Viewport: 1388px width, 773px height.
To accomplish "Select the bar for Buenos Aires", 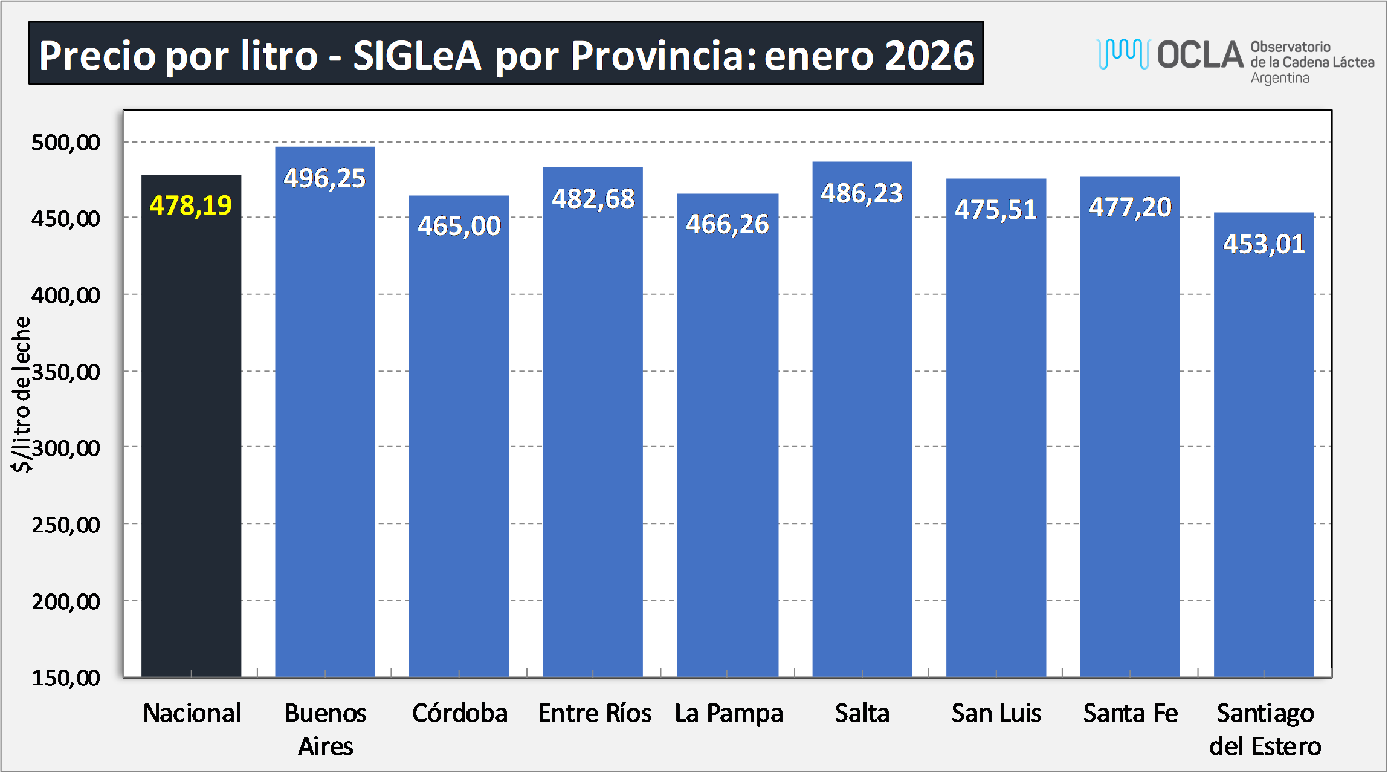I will point(325,423).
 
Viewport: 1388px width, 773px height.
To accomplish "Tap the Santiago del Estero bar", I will point(1264,453).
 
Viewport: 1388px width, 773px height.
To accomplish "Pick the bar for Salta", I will point(862,423).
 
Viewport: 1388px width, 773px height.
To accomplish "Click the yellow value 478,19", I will point(191,205).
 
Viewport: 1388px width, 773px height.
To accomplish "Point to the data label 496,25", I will point(325,178).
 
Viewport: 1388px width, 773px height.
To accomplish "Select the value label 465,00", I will point(459,226).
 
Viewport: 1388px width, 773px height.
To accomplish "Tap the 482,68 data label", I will point(593,199).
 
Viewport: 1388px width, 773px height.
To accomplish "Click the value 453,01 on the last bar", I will point(1264,244).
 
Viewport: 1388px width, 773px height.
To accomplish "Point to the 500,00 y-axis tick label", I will point(66,143).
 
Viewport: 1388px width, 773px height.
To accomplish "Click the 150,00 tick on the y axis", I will point(66,678).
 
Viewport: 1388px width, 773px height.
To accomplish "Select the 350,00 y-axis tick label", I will point(66,372).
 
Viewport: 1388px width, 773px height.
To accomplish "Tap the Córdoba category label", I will point(460,713).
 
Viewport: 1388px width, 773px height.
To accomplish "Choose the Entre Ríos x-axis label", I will point(595,713).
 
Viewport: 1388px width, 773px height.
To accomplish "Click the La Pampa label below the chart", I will point(729,713).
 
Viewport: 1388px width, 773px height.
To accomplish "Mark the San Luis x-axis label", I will point(996,713).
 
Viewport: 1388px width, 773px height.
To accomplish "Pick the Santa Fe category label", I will point(1131,713).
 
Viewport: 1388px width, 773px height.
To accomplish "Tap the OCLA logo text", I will point(1200,55).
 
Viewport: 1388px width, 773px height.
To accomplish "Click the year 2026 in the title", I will point(929,56).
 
